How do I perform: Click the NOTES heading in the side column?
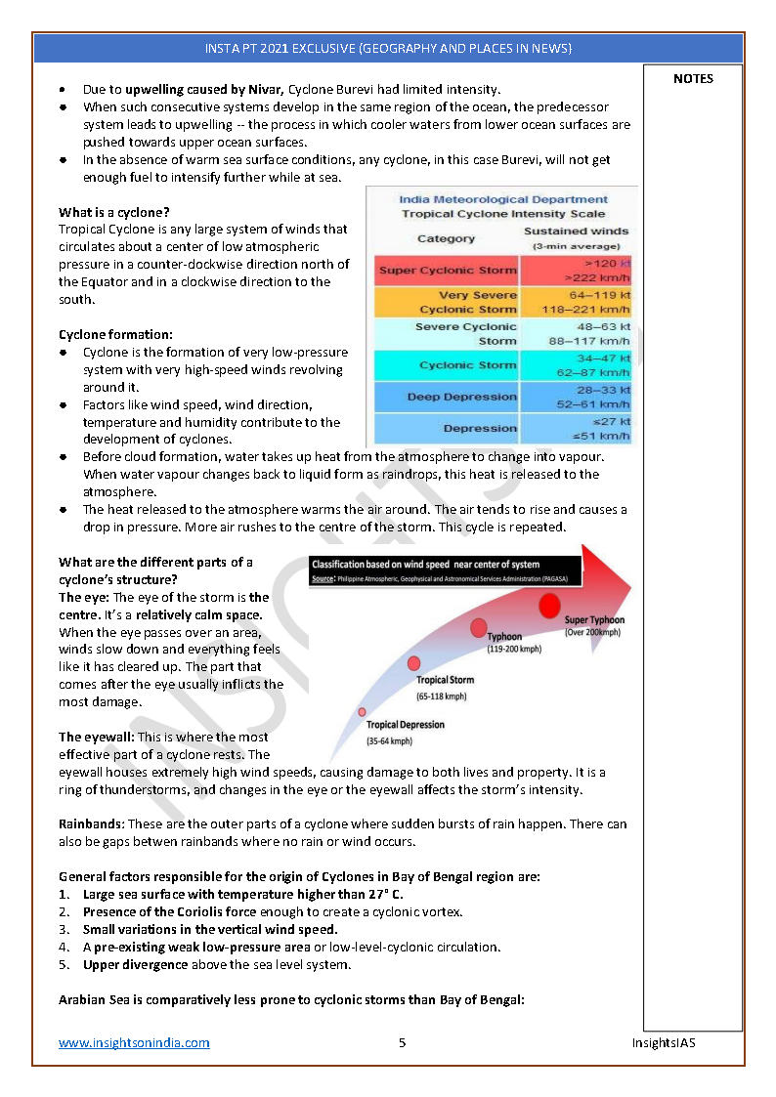[x=693, y=79]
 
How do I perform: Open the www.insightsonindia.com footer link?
[x=134, y=1042]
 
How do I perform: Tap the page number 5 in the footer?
[x=402, y=1042]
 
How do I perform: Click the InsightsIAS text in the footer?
[x=663, y=1042]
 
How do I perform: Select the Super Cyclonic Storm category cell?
[x=447, y=271]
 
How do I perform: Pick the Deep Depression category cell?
[x=447, y=397]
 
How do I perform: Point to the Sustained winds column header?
[x=576, y=237]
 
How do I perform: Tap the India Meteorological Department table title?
[x=503, y=199]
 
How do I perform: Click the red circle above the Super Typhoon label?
[x=550, y=606]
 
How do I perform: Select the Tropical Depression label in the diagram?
[x=405, y=725]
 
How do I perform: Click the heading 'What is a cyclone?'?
[x=113, y=212]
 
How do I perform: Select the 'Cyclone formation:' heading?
[x=115, y=334]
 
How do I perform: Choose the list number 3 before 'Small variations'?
[x=64, y=929]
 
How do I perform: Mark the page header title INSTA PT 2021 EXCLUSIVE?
[x=388, y=48]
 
